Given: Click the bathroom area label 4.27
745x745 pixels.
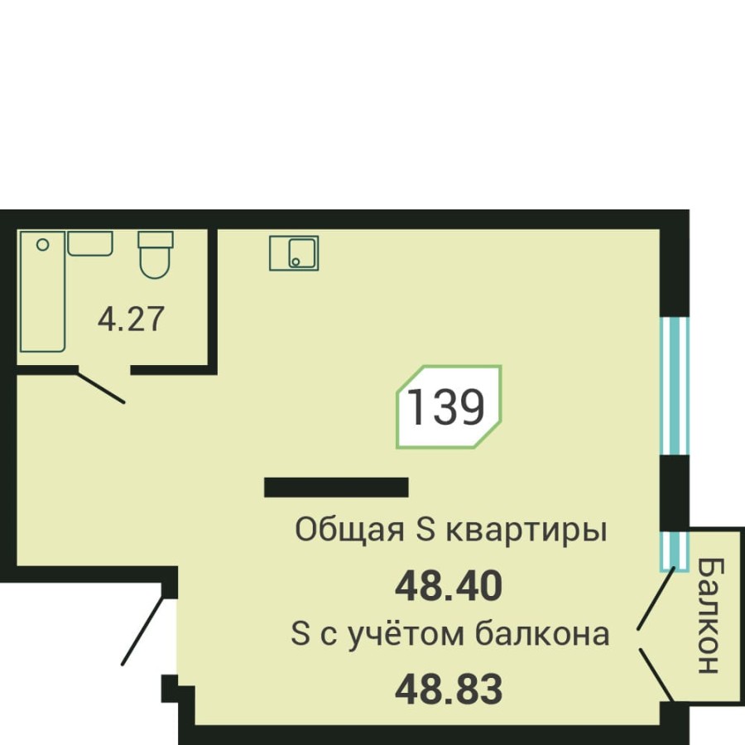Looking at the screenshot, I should [x=132, y=319].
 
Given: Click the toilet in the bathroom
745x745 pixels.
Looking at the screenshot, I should [x=155, y=253].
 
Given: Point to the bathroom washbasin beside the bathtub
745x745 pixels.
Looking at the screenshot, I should [x=89, y=243].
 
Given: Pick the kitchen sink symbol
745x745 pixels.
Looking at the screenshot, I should [x=294, y=252].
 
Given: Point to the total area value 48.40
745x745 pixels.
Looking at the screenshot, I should [x=449, y=587].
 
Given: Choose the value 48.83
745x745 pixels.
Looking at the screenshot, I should [x=449, y=689].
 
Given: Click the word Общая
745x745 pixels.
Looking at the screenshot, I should [x=348, y=531].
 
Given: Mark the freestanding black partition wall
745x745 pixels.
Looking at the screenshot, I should [x=336, y=488].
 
